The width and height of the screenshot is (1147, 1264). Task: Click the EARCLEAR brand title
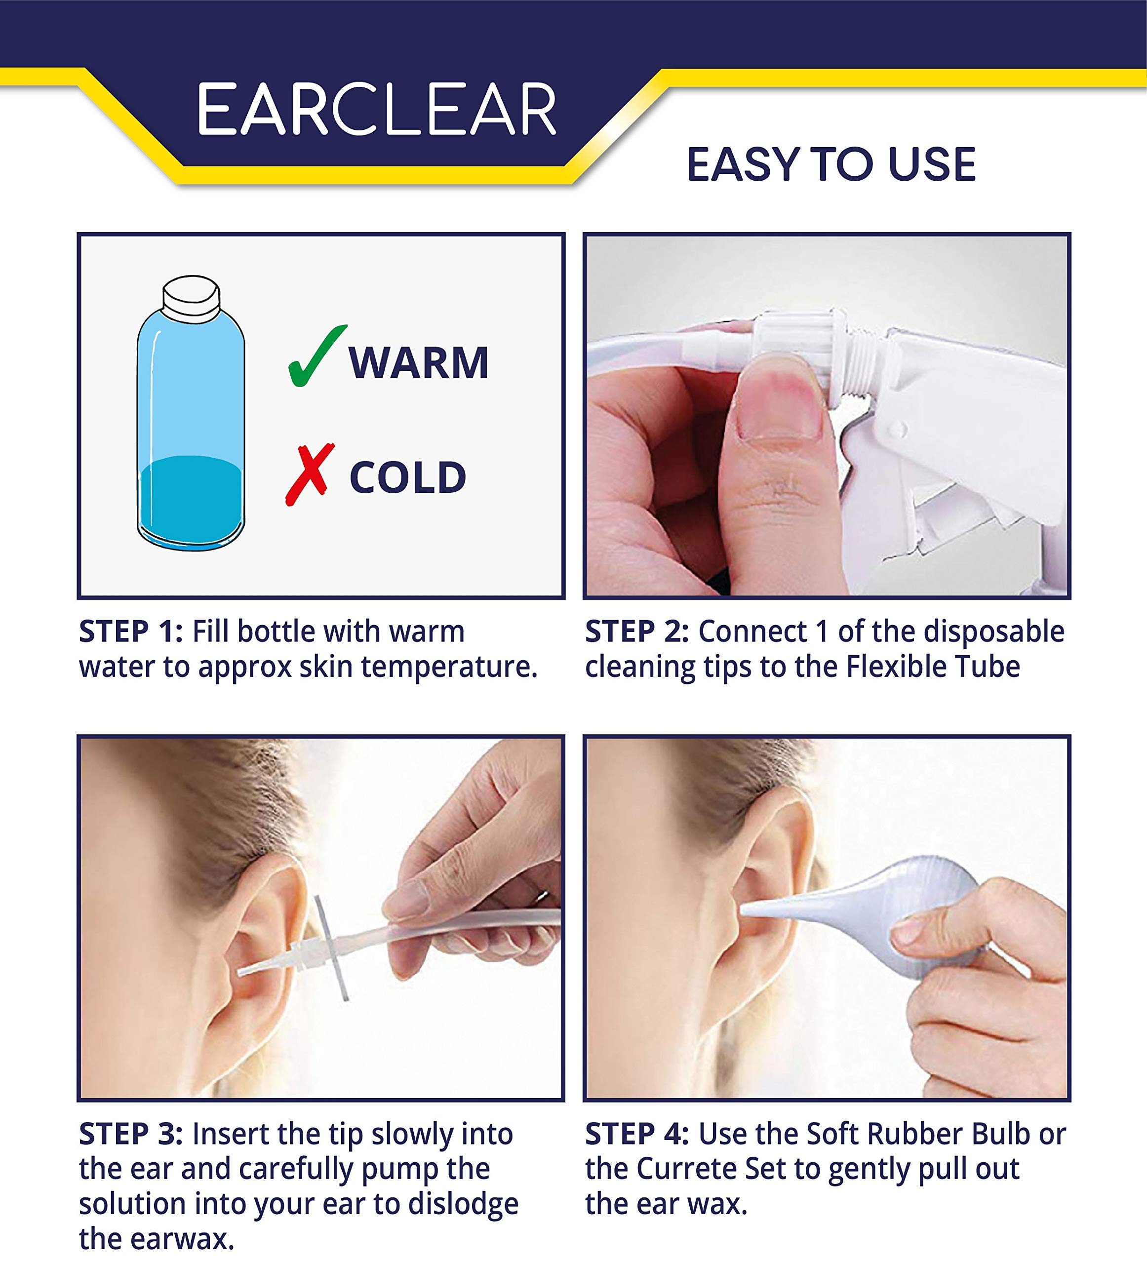click(x=377, y=110)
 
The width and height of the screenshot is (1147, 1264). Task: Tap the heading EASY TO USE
click(x=831, y=165)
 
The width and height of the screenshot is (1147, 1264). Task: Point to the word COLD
click(x=408, y=478)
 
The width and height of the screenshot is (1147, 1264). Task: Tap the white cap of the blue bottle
click(x=191, y=296)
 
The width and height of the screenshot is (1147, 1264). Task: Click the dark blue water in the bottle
click(x=191, y=505)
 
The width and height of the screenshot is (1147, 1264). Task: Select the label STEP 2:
click(x=637, y=632)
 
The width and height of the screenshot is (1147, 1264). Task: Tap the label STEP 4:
click(x=637, y=1134)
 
